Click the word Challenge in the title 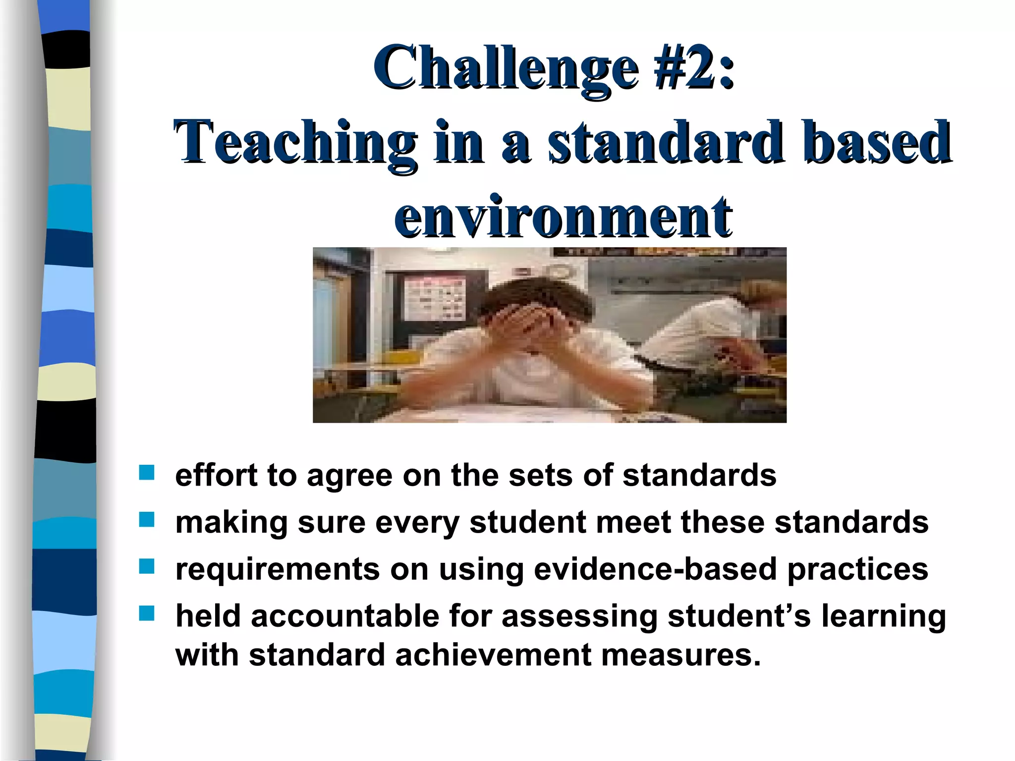tap(506, 69)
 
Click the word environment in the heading tap(563, 217)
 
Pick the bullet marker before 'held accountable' tap(147, 613)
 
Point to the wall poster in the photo tap(435, 300)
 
